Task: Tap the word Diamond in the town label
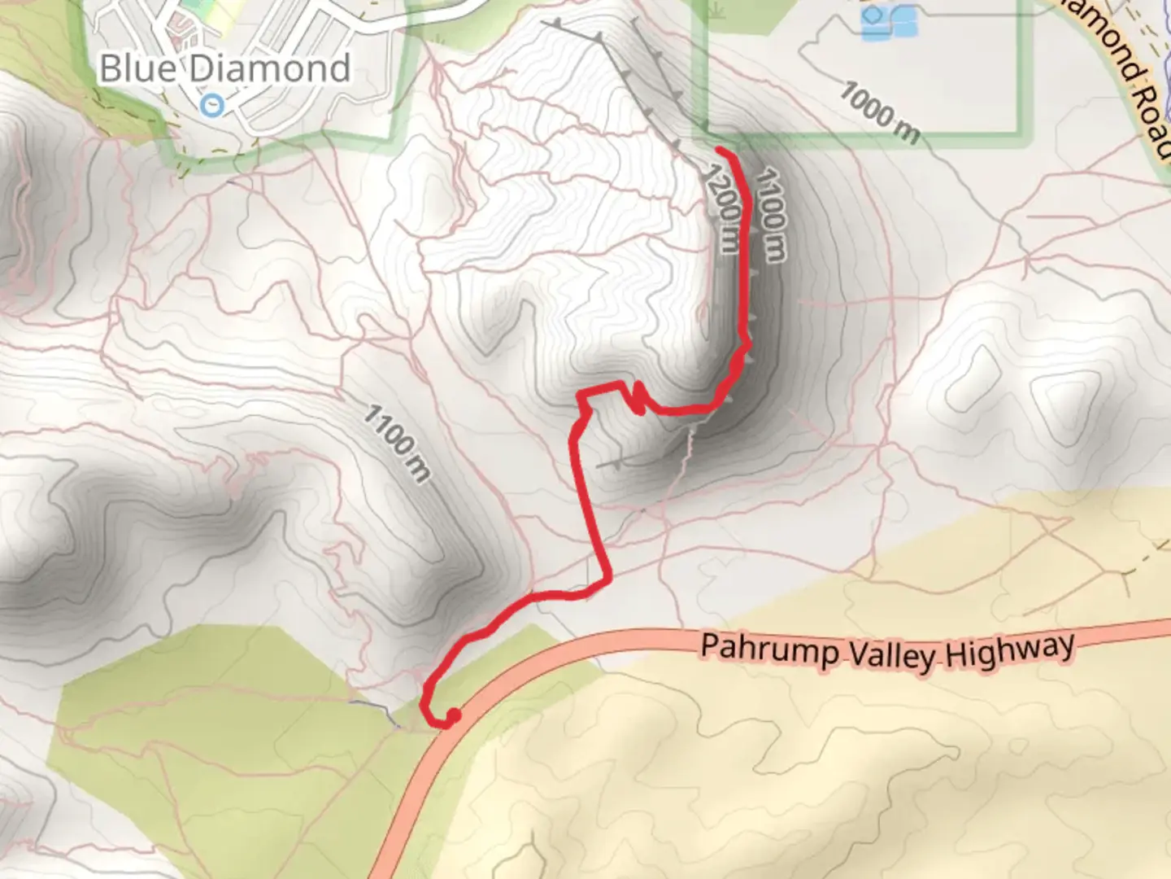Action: (x=270, y=68)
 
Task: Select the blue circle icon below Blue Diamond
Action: (x=212, y=104)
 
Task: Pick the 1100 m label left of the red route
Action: (x=396, y=443)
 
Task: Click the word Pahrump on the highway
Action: (x=769, y=649)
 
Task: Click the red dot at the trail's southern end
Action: (x=454, y=715)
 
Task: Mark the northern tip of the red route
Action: (x=719, y=149)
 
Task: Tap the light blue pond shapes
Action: (x=888, y=22)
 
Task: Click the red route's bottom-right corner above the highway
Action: (x=607, y=579)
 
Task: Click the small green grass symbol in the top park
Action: (x=716, y=10)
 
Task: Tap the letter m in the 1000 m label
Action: (x=907, y=128)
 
